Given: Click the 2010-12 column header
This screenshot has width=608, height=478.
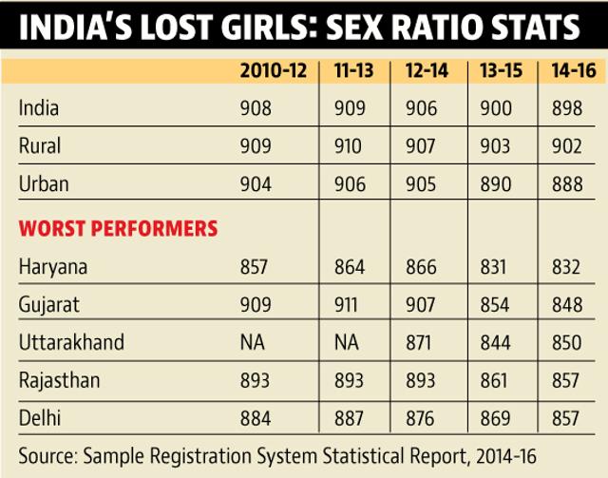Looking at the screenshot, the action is point(274,70).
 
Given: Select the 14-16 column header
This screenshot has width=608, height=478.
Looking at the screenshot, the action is point(574,70).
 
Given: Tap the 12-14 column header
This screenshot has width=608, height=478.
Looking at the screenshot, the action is point(427,70).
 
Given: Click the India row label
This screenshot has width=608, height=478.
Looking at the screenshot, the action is point(39,107).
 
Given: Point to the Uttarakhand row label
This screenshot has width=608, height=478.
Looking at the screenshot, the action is point(71,342).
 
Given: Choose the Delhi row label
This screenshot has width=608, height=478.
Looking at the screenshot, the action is point(40,418).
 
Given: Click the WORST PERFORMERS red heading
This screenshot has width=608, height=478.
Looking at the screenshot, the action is point(118,228).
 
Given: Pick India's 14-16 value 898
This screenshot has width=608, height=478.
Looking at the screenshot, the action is point(567,108).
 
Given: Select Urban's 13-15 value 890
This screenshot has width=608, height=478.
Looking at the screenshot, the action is point(496,184).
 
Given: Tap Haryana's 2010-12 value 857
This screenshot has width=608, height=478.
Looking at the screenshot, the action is point(254,267).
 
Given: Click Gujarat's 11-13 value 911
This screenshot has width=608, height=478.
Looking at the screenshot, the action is point(346,304).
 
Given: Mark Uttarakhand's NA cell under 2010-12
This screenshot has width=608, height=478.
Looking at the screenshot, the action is point(253,343).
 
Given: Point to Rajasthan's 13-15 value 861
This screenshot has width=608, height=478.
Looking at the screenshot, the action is point(494,380).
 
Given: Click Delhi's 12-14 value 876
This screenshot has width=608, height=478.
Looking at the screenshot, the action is point(420,418).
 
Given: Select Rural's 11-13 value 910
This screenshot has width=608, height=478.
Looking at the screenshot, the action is point(348,146).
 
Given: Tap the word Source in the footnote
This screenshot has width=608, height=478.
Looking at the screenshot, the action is point(47,455).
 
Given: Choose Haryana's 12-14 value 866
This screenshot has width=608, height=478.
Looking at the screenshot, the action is point(421,267).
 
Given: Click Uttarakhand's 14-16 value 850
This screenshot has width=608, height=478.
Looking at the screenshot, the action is point(567,343).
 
